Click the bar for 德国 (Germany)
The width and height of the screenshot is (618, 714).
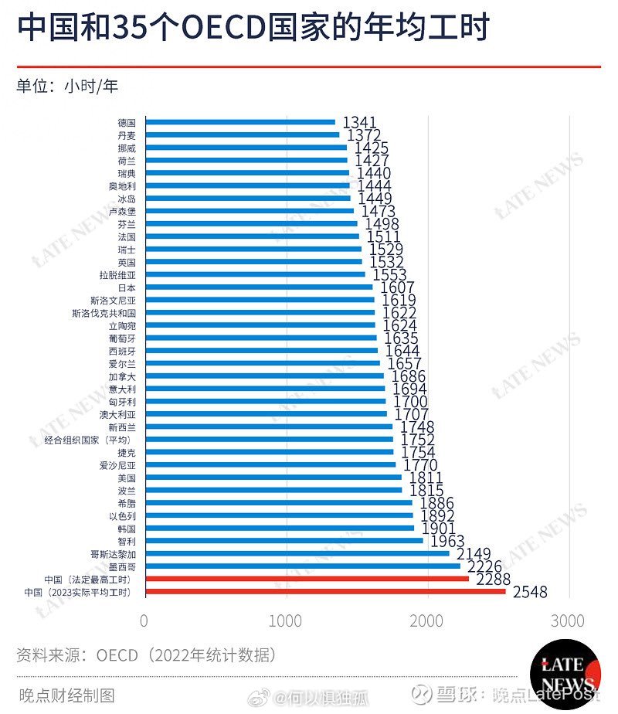pyautogui.click(x=240, y=121)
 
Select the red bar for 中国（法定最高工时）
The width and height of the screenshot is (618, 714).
pyautogui.click(x=307, y=579)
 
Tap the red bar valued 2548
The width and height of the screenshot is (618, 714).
pyautogui.click(x=325, y=592)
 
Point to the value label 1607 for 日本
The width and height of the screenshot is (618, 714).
pyautogui.click(x=399, y=287)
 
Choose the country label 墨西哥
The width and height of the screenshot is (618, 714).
pyautogui.click(x=121, y=566)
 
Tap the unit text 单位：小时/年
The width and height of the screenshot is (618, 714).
pyautogui.click(x=68, y=86)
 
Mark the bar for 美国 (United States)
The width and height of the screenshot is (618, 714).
pyautogui.click(x=273, y=478)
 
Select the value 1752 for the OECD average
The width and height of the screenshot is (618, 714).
pyautogui.click(x=418, y=440)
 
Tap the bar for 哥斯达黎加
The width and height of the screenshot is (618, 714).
pyautogui.click(x=297, y=553)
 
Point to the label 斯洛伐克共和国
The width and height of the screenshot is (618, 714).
pyautogui.click(x=104, y=313)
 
